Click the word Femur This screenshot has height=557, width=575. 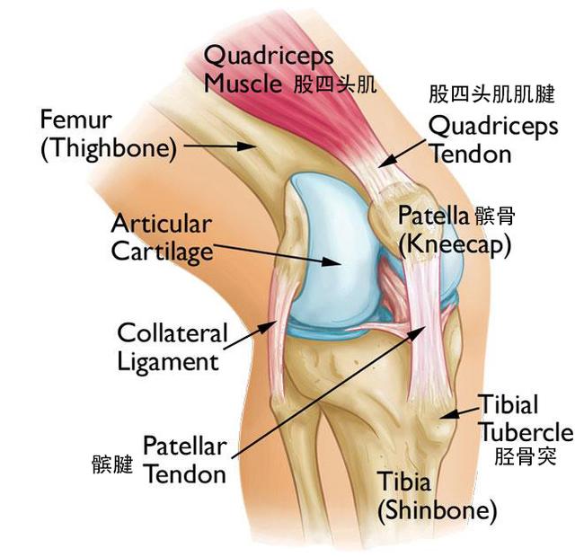tap(75, 119)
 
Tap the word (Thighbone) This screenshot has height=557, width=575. tap(109, 148)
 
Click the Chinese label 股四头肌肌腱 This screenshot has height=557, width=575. tap(492, 94)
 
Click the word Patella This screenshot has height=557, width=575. tap(433, 215)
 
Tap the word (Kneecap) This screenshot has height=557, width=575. tap(455, 244)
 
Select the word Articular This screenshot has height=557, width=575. tap(162, 224)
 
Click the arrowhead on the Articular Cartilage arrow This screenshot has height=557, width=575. tap(332, 261)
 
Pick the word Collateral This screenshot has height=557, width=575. tap(172, 332)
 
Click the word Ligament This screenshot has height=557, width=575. tap(168, 362)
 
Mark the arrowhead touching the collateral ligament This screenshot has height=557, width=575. tap(268, 327)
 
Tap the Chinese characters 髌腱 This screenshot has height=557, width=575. tap(112, 464)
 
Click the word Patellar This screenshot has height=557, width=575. tap(185, 446)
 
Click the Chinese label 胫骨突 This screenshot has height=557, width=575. tap(525, 456)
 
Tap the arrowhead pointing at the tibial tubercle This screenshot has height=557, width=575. tap(449, 414)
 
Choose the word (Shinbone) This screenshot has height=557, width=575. tap(438, 511)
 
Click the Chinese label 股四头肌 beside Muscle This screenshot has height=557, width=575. tap(335, 84)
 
